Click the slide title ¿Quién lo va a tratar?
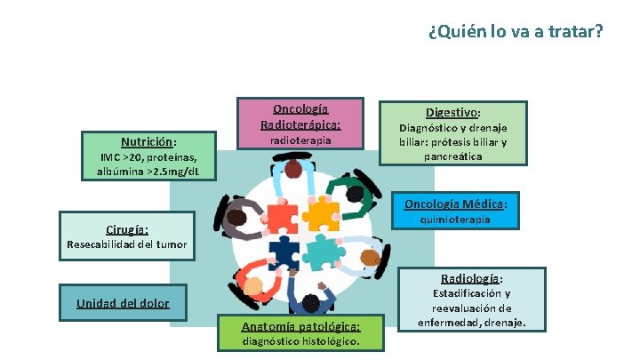pyautogui.click(x=515, y=32)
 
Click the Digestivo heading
pyautogui.click(x=453, y=113)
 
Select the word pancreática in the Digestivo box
pyautogui.click(x=453, y=156)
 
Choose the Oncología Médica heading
pyautogui.click(x=456, y=204)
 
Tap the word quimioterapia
pyautogui.click(x=455, y=220)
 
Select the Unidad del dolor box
pyautogui.click(x=123, y=302)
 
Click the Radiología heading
pyautogui.click(x=470, y=277)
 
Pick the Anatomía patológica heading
pyautogui.click(x=300, y=326)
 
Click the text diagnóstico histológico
pyautogui.click(x=300, y=341)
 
